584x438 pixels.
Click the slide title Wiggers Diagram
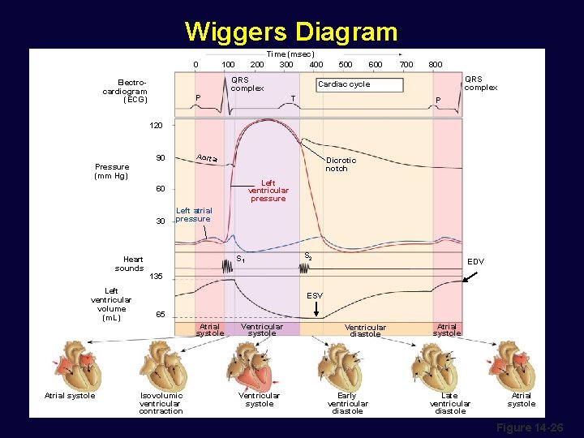click(x=291, y=32)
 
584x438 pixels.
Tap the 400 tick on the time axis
click(x=316, y=64)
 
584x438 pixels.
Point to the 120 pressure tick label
click(x=157, y=126)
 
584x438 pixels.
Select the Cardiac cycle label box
click(x=359, y=84)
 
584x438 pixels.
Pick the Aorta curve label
click(x=207, y=157)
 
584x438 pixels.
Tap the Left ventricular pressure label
click(x=268, y=191)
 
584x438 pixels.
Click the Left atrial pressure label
click(x=194, y=214)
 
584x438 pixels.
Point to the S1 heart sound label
click(x=241, y=260)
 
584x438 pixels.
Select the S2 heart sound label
click(x=308, y=256)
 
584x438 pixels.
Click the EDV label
click(x=476, y=262)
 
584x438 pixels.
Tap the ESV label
click(x=315, y=296)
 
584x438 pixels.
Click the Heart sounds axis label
click(x=129, y=264)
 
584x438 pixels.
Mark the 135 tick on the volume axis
click(x=157, y=277)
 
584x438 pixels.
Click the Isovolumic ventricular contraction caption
click(x=161, y=403)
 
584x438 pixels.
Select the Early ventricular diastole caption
click(x=347, y=403)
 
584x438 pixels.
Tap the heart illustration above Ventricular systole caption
click(x=258, y=364)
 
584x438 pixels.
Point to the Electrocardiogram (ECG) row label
click(x=125, y=91)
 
